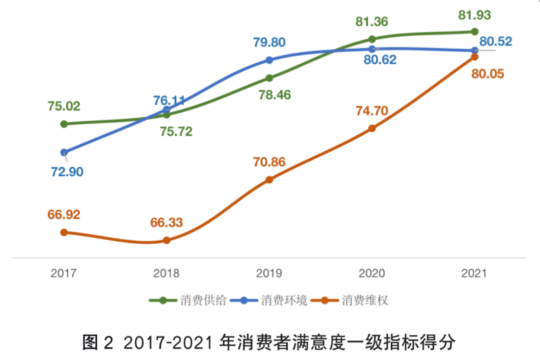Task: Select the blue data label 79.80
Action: [269, 42]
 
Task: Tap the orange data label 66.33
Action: [166, 222]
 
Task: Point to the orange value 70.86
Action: [269, 162]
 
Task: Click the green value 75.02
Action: [64, 105]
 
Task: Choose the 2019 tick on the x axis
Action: [269, 274]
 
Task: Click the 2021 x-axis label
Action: [474, 274]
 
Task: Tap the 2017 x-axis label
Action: [64, 274]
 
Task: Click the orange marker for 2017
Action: [64, 232]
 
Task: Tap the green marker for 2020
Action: [372, 38]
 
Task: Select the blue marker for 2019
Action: [269, 60]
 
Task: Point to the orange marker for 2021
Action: [475, 57]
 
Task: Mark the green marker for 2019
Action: [269, 78]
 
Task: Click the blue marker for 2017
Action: [64, 153]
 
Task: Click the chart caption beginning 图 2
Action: [269, 341]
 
